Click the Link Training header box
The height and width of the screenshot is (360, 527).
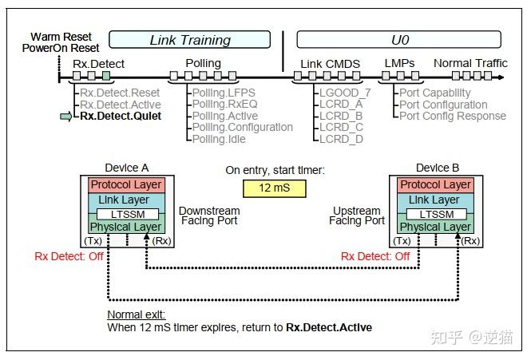(x=190, y=40)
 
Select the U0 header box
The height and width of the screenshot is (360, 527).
(x=398, y=40)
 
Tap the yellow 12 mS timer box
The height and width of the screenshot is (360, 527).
(x=263, y=188)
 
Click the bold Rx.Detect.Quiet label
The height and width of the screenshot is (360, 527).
(x=121, y=116)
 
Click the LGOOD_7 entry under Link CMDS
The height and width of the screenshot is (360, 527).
(x=344, y=93)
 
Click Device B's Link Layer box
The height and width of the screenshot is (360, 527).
(x=434, y=200)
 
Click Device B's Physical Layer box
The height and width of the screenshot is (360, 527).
(x=434, y=227)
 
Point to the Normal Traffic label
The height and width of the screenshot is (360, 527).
(x=470, y=63)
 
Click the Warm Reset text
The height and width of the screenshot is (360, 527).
(x=61, y=37)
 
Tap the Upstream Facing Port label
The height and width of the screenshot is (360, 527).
(x=359, y=216)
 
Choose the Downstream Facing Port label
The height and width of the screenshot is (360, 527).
(x=210, y=216)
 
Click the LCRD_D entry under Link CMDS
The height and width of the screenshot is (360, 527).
(x=341, y=139)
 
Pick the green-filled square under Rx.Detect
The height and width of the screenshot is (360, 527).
(x=106, y=77)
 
